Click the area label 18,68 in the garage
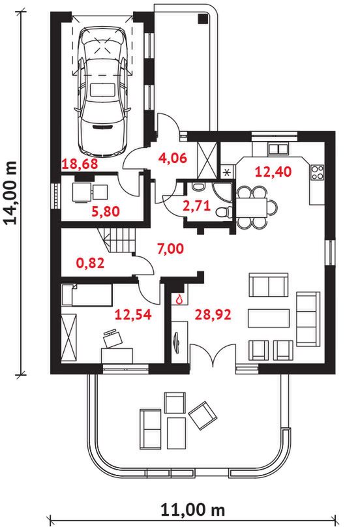pos(80,164)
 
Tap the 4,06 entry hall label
pos(172,158)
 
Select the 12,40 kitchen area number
pos(273,172)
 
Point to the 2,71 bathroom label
pos(197,205)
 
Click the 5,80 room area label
pos(106,211)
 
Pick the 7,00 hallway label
pos(170,248)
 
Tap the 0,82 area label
pos(90,263)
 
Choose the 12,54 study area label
pos(133,314)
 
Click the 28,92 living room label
pos(213,314)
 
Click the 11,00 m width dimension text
pos(192,510)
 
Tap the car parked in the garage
pos(103,91)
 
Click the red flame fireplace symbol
pos(179,299)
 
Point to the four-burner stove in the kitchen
pos(318,173)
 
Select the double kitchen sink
pos(278,149)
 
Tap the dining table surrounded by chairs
pos(252,207)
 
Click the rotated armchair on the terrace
pos(202,415)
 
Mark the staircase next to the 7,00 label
pos(117,241)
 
